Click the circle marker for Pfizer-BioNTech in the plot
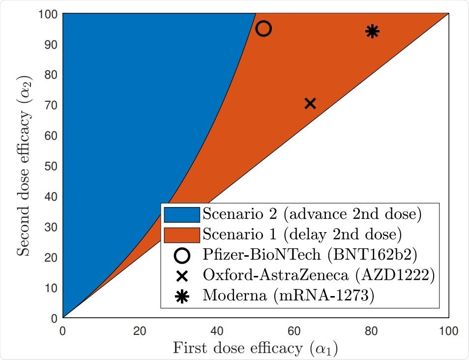click(264, 29)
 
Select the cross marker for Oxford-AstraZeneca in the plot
click(310, 103)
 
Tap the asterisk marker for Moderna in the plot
click(372, 31)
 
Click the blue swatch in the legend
click(182, 214)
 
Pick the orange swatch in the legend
click(182, 234)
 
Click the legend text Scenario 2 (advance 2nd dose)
click(312, 214)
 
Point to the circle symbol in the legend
click(182, 255)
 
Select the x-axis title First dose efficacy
click(255, 348)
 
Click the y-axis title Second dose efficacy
click(25, 165)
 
